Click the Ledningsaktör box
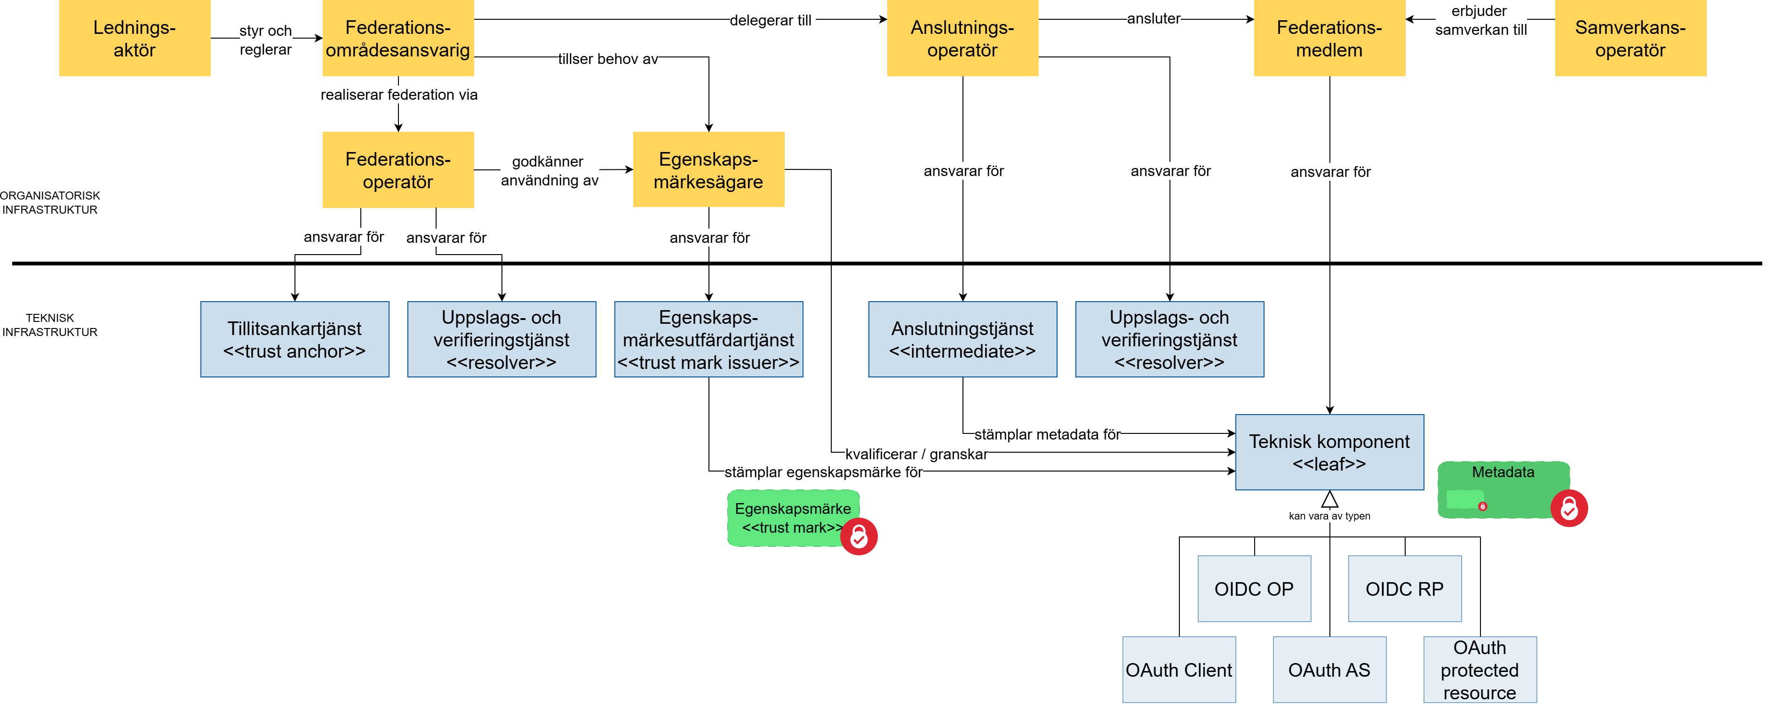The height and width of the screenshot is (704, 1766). pyautogui.click(x=135, y=39)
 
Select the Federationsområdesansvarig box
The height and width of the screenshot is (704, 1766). pyautogui.click(x=398, y=39)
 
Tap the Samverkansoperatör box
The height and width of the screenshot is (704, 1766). pyautogui.click(x=1630, y=39)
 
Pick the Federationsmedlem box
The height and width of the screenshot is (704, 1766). pyautogui.click(x=1328, y=39)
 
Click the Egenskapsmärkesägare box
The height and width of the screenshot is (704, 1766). pyautogui.click(x=708, y=170)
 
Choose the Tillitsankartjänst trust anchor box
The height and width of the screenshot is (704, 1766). pyautogui.click(x=295, y=339)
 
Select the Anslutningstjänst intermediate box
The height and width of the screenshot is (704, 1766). pyautogui.click(x=962, y=339)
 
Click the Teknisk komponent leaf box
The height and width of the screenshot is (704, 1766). pyautogui.click(x=1328, y=452)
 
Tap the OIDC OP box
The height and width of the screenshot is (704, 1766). pyautogui.click(x=1254, y=589)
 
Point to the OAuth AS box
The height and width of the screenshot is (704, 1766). pyautogui.click(x=1328, y=670)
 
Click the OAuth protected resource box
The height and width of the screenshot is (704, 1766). pyautogui.click(x=1480, y=670)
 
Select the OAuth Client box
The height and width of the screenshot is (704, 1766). pyautogui.click(x=1178, y=670)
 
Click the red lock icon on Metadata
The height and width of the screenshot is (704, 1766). pyautogui.click(x=1568, y=509)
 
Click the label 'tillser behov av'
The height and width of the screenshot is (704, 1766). pyautogui.click(x=607, y=59)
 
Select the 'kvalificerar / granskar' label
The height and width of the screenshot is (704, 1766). pyautogui.click(x=916, y=454)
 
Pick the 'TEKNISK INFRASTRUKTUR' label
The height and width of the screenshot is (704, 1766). pyautogui.click(x=50, y=325)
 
